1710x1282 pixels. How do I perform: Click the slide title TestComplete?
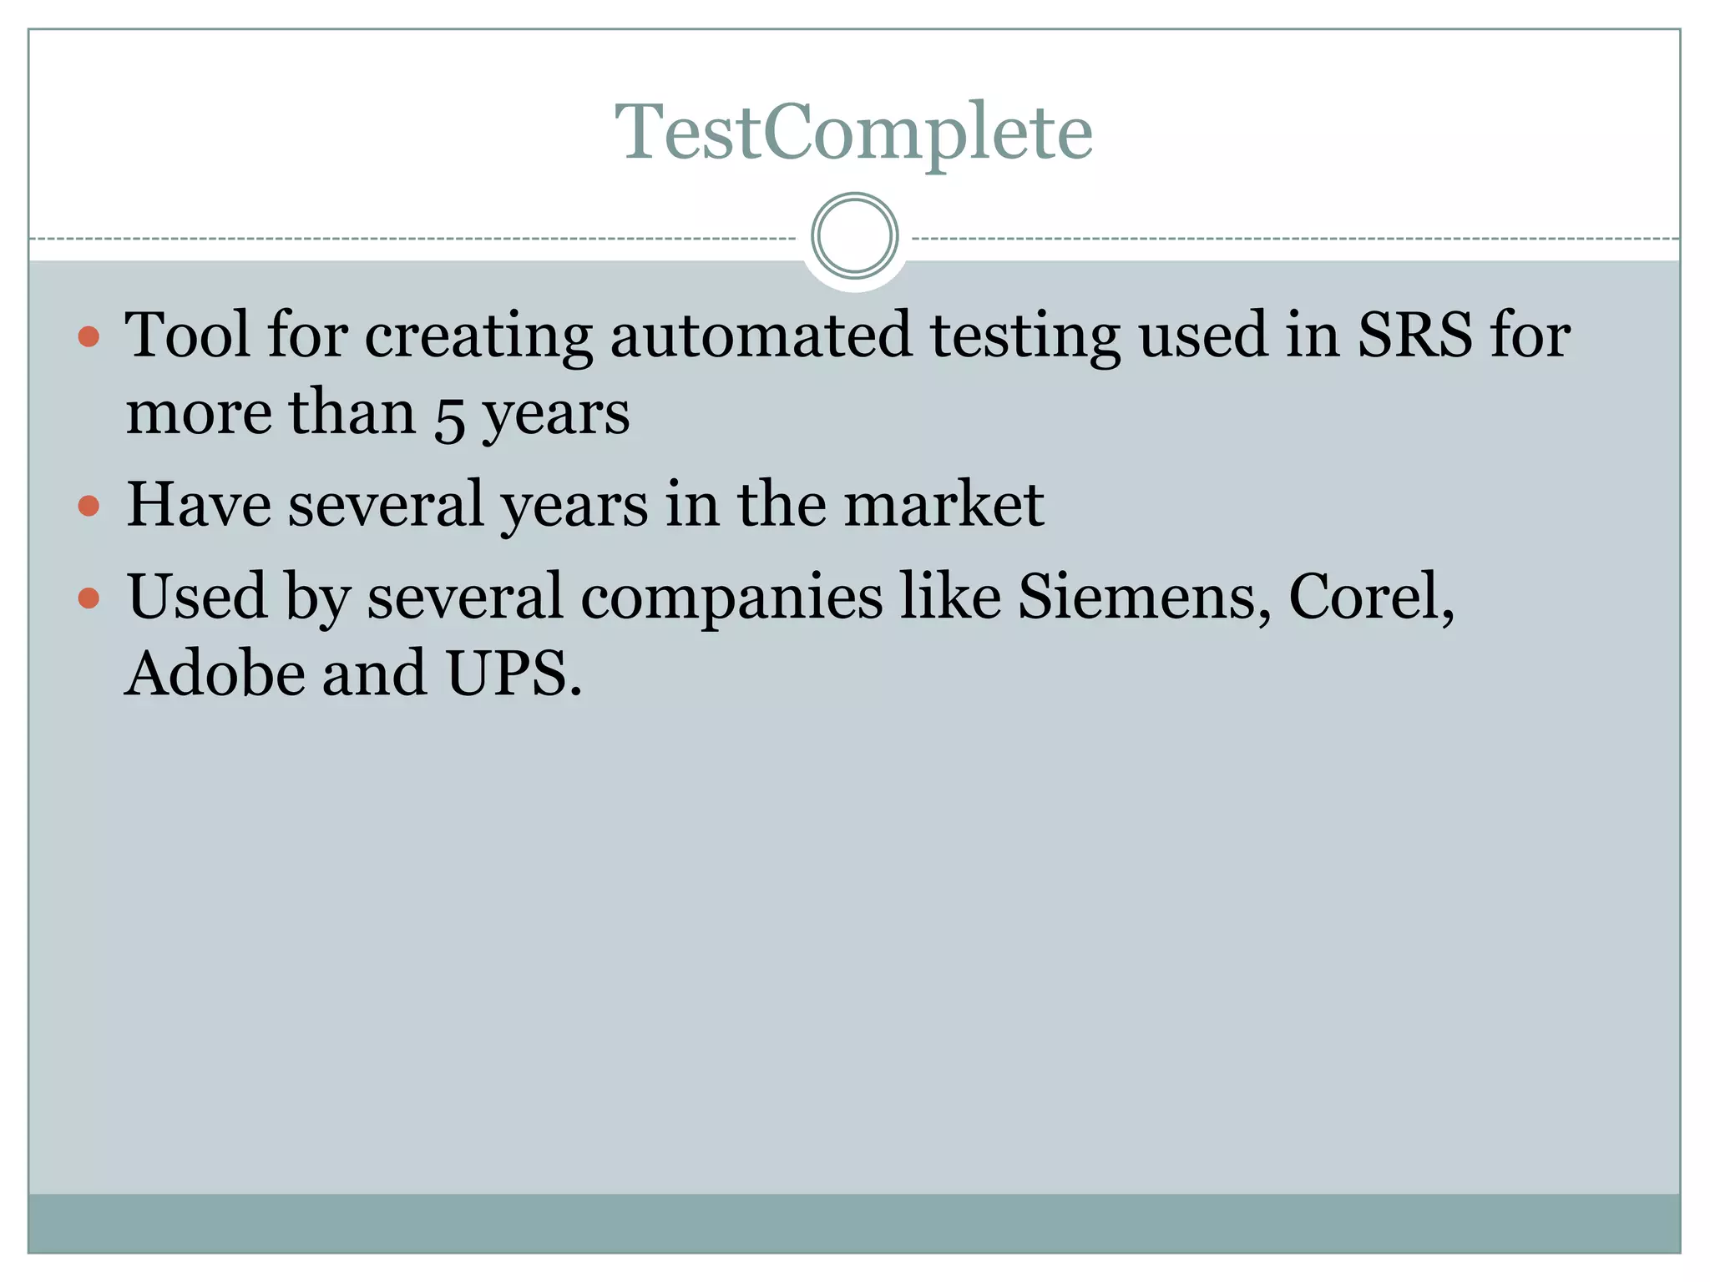(853, 132)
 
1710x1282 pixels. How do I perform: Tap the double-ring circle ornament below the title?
(854, 235)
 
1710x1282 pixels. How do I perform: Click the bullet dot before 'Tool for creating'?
(89, 336)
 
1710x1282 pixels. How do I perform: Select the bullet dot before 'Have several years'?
(89, 506)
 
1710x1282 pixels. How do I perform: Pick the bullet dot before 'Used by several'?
(89, 598)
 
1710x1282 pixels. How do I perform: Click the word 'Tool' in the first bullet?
(187, 335)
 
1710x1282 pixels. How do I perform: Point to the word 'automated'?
(760, 335)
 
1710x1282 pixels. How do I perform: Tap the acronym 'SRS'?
(1414, 335)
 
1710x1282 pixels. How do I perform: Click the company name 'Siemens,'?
(1144, 598)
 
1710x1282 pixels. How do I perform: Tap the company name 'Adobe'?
(215, 674)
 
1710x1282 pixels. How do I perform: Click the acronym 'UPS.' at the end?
(514, 674)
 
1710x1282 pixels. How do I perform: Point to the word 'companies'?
(731, 598)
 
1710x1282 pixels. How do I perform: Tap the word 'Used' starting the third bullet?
(197, 598)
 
